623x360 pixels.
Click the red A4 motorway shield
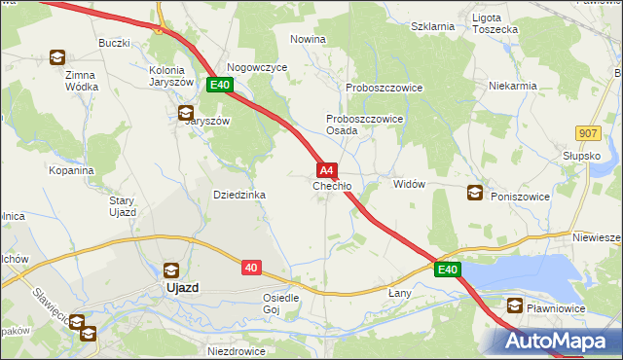point(327,169)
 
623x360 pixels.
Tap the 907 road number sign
point(588,133)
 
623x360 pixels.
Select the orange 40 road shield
point(251,267)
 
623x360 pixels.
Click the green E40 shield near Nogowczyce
point(219,86)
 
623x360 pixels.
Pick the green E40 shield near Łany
point(447,270)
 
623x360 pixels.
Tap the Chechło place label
point(332,186)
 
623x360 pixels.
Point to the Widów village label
point(409,184)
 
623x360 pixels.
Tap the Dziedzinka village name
point(239,195)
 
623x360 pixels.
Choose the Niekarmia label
point(514,86)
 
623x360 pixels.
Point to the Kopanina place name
point(71,169)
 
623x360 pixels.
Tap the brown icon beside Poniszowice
point(475,193)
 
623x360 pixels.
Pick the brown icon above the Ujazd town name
point(171,270)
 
